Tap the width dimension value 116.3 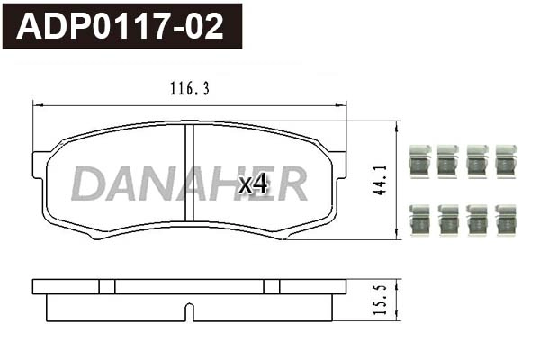pyautogui.click(x=189, y=88)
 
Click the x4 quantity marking pyautogui.click(x=253, y=184)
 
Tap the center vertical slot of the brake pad pyautogui.click(x=189, y=171)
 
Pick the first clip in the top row pyautogui.click(x=419, y=160)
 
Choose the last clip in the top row pyautogui.click(x=506, y=160)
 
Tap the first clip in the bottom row pyautogui.click(x=419, y=220)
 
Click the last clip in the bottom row pyautogui.click(x=506, y=220)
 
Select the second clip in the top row pyautogui.click(x=448, y=160)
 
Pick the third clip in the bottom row pyautogui.click(x=477, y=220)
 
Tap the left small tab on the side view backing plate pyautogui.click(x=107, y=286)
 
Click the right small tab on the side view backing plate pyautogui.click(x=272, y=286)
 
